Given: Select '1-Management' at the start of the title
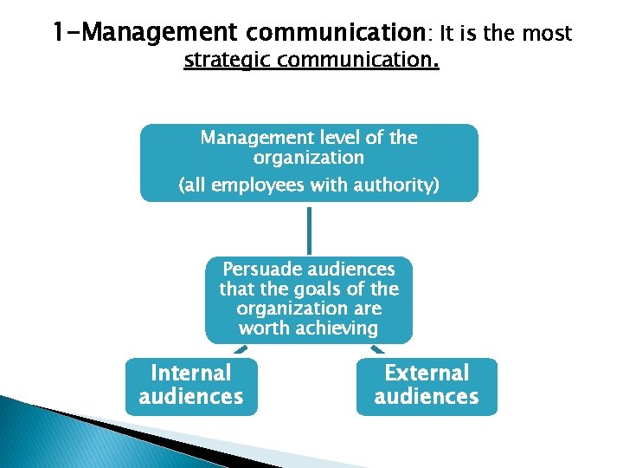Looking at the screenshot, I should coord(144,34).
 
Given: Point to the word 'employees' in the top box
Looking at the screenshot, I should coord(279,185).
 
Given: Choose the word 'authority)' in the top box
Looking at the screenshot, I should coord(395,185).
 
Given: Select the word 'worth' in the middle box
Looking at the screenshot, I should coord(264,328).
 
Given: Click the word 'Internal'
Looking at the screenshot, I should coord(191,374).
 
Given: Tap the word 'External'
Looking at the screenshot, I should coord(427,374).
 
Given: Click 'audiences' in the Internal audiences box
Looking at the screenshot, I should coord(191,397).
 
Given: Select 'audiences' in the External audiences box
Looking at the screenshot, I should coord(427,397).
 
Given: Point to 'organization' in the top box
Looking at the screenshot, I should coord(309,158).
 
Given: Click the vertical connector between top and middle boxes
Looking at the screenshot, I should coord(309,229).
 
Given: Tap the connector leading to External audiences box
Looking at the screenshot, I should coord(378,349).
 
